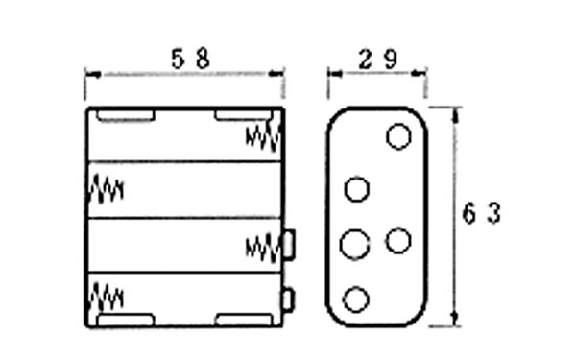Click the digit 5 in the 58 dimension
point(177,59)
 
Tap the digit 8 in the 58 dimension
point(203,59)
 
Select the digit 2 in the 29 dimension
point(367,59)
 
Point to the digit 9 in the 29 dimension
point(391,59)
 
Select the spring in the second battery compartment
point(106,190)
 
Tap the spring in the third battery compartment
point(263,247)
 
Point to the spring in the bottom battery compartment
point(106,298)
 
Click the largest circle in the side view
point(355,244)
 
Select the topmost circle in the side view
point(398,136)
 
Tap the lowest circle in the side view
point(356,300)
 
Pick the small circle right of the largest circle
point(398,240)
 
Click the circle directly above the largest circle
point(357,189)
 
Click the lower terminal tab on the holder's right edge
point(287,300)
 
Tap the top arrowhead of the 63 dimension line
point(456,110)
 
